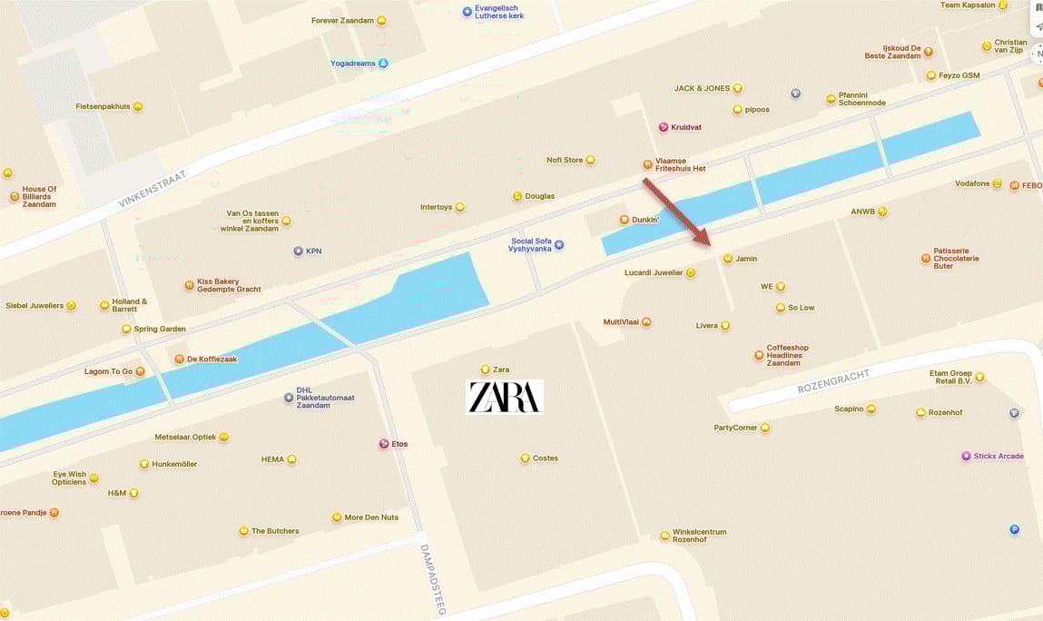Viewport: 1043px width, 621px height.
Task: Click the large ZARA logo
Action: click(x=505, y=397)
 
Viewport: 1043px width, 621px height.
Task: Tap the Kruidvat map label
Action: click(x=686, y=127)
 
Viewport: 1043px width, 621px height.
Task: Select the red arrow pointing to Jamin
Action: click(x=676, y=212)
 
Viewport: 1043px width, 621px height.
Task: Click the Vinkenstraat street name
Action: click(x=152, y=189)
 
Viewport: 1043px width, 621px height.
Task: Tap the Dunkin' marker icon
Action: click(x=624, y=220)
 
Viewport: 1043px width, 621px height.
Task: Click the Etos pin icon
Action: click(x=383, y=444)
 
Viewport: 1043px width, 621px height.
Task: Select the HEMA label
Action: click(x=272, y=459)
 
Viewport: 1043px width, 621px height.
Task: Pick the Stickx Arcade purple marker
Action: click(x=966, y=456)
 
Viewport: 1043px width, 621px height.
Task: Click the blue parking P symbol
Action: click(x=1014, y=529)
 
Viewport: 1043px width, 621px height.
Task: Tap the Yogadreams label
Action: click(x=353, y=64)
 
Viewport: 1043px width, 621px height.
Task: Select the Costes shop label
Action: click(x=545, y=458)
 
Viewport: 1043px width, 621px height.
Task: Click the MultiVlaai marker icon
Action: click(x=646, y=322)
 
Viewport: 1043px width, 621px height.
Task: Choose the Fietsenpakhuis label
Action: click(x=103, y=106)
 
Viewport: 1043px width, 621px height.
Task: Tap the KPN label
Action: click(x=313, y=251)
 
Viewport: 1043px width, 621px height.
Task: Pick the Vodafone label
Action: click(x=972, y=183)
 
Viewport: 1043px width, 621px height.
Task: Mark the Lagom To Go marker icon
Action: click(x=140, y=371)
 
